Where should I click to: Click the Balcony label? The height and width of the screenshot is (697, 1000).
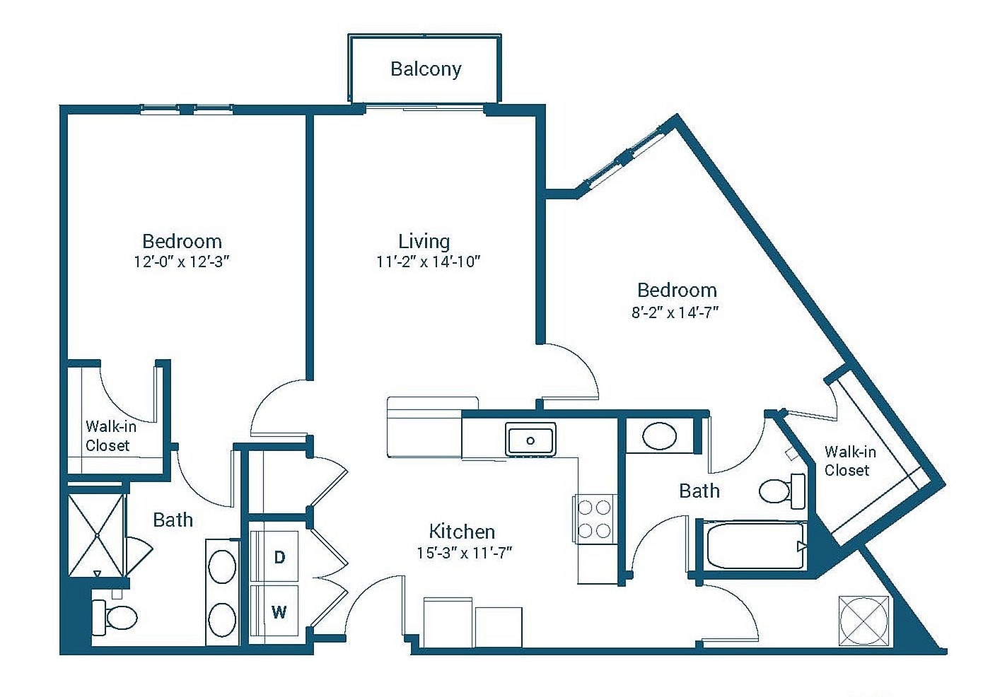[x=426, y=69]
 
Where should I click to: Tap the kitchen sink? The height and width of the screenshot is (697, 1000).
[x=530, y=440]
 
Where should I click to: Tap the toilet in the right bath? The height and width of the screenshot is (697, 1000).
[x=781, y=490]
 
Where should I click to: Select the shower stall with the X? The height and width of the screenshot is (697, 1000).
[x=96, y=535]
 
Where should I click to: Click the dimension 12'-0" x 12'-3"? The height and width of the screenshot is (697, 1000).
[x=182, y=262]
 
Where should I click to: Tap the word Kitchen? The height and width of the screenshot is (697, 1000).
[x=462, y=531]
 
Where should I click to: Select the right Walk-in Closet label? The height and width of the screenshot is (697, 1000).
[x=849, y=461]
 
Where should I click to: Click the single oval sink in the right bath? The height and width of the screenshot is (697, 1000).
[x=659, y=436]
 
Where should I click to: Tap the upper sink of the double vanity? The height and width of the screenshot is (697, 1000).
[x=221, y=567]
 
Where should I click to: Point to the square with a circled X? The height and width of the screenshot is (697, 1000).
[x=864, y=620]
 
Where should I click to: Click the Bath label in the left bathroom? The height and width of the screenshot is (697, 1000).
[x=173, y=520]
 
